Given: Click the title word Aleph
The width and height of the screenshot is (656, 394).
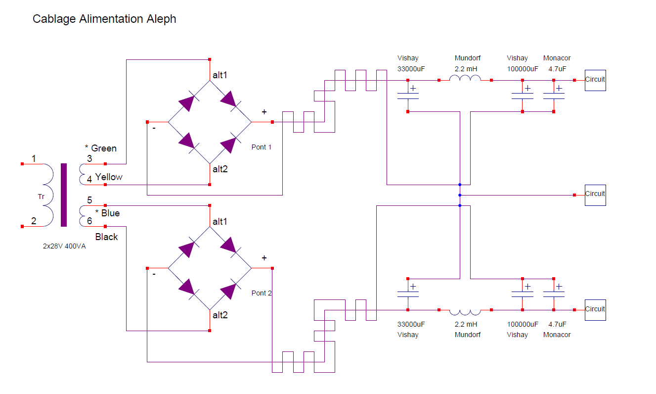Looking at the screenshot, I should [x=160, y=19].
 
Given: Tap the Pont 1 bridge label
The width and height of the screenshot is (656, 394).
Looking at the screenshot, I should [x=262, y=147].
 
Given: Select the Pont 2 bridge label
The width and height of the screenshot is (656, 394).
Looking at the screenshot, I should [x=262, y=293].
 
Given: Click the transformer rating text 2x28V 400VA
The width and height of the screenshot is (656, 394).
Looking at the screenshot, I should [x=64, y=246].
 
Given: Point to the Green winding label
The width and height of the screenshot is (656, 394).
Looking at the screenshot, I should [x=104, y=148].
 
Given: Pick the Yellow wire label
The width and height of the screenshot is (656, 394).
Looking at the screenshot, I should [x=109, y=177].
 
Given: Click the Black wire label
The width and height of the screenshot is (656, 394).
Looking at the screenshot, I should [x=107, y=237].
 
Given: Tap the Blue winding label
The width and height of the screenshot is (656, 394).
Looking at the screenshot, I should [x=110, y=213].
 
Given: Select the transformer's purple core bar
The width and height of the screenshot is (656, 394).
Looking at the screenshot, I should [x=64, y=195].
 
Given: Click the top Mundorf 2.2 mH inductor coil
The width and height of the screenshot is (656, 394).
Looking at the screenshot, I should [x=465, y=79].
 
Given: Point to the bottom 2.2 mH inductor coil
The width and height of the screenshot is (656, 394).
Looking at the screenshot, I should [x=465, y=312].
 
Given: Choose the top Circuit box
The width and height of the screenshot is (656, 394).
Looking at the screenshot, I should [x=595, y=80].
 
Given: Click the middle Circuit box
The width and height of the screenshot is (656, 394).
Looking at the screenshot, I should [x=595, y=195].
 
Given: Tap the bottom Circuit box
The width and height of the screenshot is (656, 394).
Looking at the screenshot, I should [x=595, y=310].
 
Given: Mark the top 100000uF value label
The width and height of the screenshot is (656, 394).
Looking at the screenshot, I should [x=523, y=69].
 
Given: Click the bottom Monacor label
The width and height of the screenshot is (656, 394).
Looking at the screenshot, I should [x=557, y=335].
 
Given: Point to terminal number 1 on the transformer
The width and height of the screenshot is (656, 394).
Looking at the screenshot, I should [x=34, y=159].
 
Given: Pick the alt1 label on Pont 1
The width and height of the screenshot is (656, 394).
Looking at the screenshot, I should [x=220, y=75].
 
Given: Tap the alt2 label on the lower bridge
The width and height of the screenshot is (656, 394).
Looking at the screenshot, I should [x=220, y=315].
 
